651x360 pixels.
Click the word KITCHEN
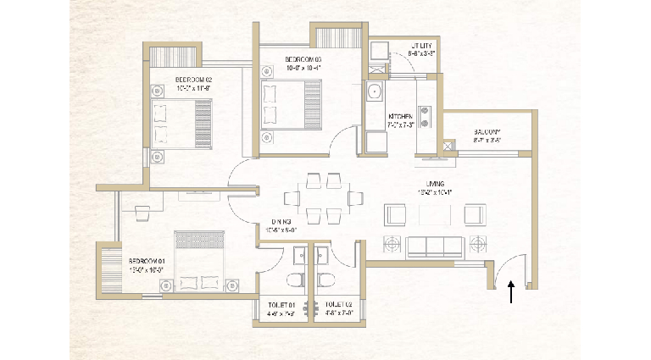401,116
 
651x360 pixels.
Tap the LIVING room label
437,184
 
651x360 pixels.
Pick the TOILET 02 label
337,302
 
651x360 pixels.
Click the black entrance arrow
510,293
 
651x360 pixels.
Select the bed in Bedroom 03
289,103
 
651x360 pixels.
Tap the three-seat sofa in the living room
435,246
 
